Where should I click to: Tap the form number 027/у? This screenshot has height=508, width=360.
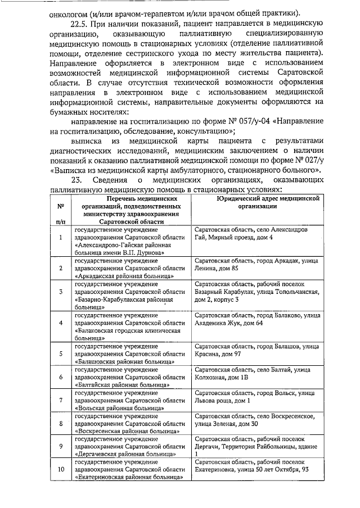click(x=312, y=158)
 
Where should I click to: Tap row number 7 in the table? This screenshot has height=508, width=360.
click(x=60, y=400)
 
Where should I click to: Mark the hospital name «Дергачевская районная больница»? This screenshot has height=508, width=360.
click(x=127, y=453)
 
